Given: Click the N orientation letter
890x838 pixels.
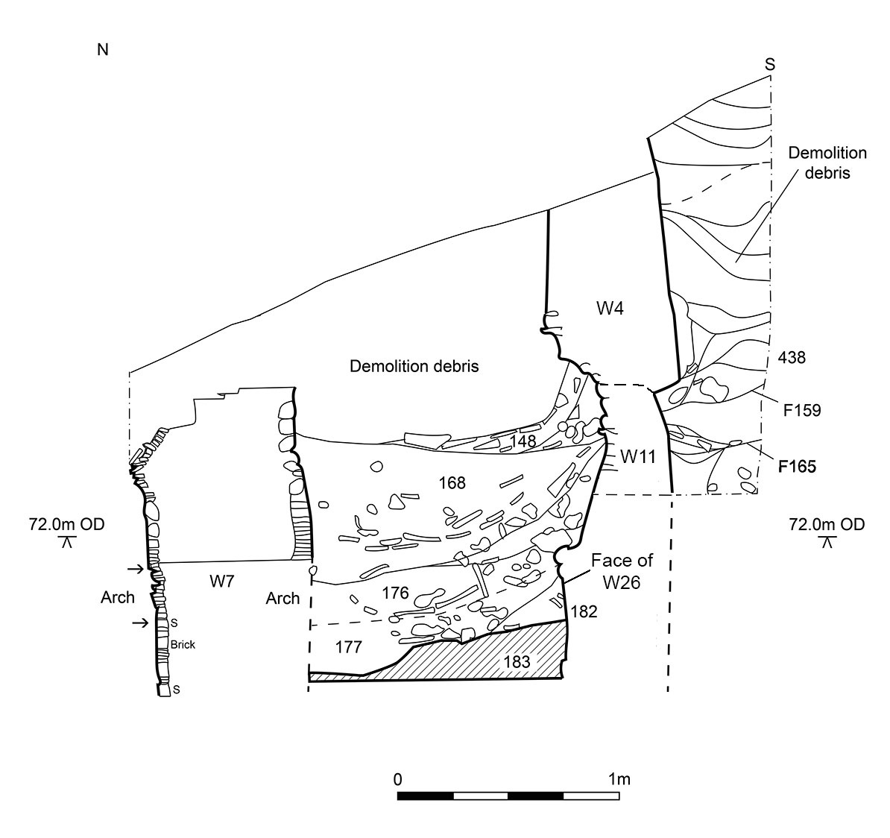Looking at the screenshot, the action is (x=103, y=50).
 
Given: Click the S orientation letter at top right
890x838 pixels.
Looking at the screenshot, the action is (x=770, y=65).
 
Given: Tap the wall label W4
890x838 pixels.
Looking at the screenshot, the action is (x=610, y=309).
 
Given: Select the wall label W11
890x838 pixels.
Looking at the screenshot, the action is (x=638, y=456).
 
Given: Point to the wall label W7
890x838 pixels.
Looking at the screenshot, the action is (x=222, y=581).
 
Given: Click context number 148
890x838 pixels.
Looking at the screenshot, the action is (x=523, y=441).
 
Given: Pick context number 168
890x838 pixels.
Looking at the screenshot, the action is (x=452, y=482).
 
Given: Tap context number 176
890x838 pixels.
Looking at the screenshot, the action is (x=395, y=593).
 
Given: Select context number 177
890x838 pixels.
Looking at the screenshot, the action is (x=349, y=646).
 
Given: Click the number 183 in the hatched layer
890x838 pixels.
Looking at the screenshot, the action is (x=517, y=661).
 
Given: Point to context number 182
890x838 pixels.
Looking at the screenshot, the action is (x=584, y=611).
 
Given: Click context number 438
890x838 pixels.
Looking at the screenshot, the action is (x=792, y=357).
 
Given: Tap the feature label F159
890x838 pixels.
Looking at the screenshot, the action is (x=802, y=410).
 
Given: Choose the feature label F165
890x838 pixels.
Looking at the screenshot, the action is (x=797, y=467).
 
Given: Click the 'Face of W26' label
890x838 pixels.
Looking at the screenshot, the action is (x=622, y=571).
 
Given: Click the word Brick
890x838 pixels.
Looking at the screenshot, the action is (x=183, y=644).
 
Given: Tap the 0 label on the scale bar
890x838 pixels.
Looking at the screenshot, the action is (x=398, y=778).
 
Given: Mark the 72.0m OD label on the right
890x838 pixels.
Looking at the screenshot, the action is (x=827, y=524).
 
